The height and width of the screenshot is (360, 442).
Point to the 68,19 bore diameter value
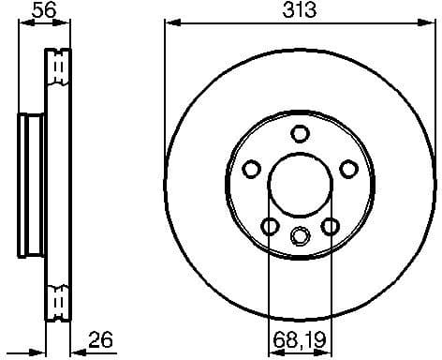[300, 339]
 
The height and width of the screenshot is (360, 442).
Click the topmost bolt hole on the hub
[300, 133]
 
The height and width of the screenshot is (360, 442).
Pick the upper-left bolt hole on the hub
[251, 169]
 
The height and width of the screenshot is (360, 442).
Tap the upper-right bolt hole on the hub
[348, 169]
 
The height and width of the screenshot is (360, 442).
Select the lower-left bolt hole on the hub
[270, 226]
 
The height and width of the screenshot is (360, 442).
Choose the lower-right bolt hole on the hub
[330, 226]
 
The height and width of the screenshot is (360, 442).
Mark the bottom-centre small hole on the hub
[300, 235]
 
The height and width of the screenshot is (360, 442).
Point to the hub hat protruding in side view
[29, 184]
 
